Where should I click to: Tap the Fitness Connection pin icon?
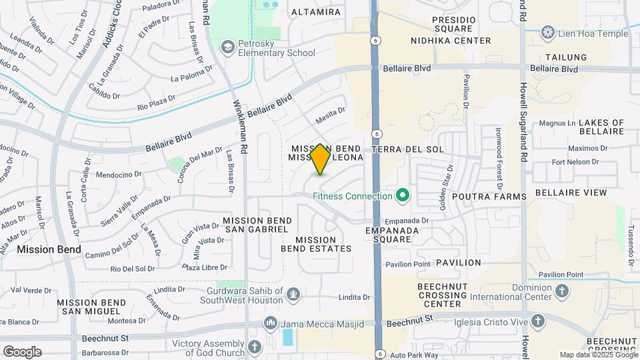[402, 196]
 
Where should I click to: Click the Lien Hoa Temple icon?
[548, 33]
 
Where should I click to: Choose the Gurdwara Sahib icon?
[292, 293]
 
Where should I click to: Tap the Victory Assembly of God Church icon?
[254, 347]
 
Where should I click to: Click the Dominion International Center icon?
[562, 291]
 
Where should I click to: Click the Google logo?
[22, 352]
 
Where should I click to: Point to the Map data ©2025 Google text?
[599, 355]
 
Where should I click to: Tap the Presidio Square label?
[454, 25]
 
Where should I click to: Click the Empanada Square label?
[391, 235]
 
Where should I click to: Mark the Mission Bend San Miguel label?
[91, 307]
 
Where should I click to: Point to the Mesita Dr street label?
[331, 114]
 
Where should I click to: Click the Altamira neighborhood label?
[316, 12]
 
